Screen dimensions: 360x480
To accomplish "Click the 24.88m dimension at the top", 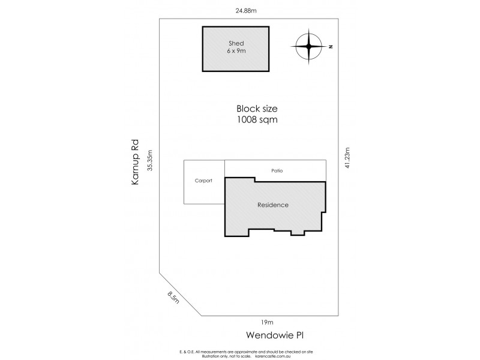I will pyautogui.click(x=246, y=10).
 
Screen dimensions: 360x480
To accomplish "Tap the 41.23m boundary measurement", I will pyautogui.click(x=346, y=160).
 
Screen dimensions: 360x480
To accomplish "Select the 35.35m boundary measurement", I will pyautogui.click(x=150, y=160).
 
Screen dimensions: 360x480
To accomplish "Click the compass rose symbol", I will pyautogui.click(x=309, y=46).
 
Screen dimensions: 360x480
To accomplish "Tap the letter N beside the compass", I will pyautogui.click(x=330, y=46).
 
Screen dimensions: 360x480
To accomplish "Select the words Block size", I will pyautogui.click(x=256, y=109).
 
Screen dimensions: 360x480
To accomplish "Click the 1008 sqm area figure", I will pyautogui.click(x=256, y=119).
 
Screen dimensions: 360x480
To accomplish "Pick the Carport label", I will pyautogui.click(x=204, y=181).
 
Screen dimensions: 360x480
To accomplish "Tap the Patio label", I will pyautogui.click(x=276, y=171).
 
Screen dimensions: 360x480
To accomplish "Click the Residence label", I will pyautogui.click(x=273, y=205).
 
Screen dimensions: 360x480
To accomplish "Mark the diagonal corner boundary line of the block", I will pyautogui.click(x=179, y=294).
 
